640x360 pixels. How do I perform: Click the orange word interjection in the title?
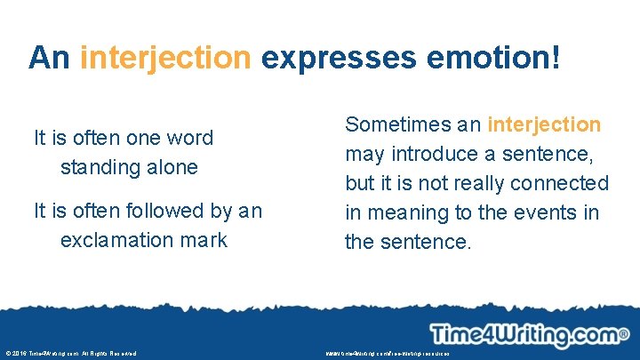point(165,58)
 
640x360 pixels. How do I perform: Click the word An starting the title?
point(50,58)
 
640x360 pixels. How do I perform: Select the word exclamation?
point(115,240)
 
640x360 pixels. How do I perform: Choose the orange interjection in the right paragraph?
point(544,124)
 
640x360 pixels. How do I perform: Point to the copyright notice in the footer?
point(69,353)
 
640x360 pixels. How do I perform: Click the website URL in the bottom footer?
point(388,353)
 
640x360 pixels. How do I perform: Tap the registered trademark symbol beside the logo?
point(624,332)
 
